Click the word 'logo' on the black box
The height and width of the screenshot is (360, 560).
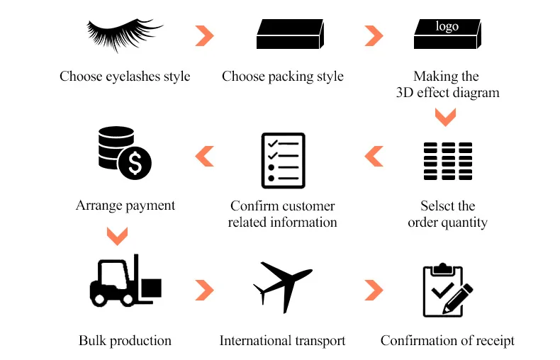tap(447, 26)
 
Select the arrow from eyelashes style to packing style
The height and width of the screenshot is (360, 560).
tap(204, 35)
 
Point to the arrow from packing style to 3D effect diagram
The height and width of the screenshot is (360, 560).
tap(374, 35)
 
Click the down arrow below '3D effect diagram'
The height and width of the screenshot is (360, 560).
tap(445, 116)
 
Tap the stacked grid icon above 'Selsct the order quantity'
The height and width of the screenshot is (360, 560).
tap(447, 161)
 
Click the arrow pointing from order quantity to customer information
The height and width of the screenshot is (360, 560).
tap(374, 156)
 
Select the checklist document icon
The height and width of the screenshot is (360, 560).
tap(283, 160)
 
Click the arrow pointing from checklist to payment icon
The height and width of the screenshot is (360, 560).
tap(204, 156)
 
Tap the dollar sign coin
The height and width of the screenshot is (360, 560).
tap(135, 165)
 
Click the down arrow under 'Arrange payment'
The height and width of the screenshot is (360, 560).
tap(116, 235)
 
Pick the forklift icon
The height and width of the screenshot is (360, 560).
tap(125, 281)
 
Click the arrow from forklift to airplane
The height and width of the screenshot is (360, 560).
tap(204, 289)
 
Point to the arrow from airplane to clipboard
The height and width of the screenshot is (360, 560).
tap(374, 289)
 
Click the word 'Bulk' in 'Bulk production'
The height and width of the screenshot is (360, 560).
tap(93, 341)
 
